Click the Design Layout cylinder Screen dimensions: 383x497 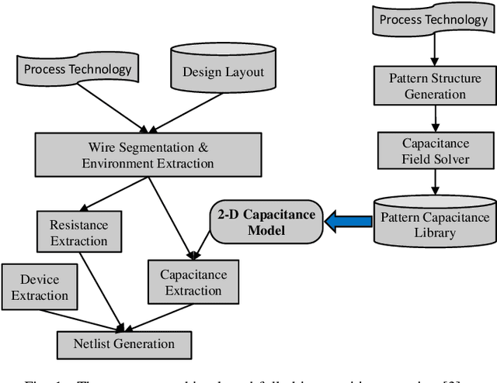223,71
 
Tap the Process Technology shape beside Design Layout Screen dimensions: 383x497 78,71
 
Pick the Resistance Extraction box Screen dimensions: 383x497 78,232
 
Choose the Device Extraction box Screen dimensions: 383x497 39,287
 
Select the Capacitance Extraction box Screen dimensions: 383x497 193,282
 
